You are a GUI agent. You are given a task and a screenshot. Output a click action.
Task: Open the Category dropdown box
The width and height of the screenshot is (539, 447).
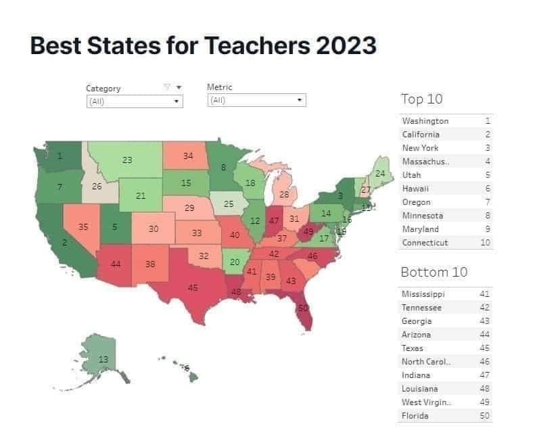pos(135,101)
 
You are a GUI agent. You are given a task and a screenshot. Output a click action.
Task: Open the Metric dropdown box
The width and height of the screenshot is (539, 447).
pos(256,101)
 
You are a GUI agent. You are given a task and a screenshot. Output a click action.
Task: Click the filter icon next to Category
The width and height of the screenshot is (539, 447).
pos(167,87)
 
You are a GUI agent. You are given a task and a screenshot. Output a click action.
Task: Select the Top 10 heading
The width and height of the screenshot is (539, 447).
pos(422,99)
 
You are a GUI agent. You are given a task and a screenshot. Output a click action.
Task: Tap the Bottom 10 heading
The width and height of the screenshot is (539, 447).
pos(434,272)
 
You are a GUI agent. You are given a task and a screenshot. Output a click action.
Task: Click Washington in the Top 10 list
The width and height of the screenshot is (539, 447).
pos(425,121)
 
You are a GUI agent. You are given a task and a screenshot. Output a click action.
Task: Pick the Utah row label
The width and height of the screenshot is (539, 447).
pos(411,175)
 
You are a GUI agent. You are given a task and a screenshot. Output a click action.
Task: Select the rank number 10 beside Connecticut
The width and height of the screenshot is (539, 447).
pos(485,243)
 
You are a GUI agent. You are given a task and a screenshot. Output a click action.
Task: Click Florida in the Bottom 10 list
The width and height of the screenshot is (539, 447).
pos(415,416)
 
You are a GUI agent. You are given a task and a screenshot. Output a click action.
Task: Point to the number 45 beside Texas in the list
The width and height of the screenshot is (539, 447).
pos(484,348)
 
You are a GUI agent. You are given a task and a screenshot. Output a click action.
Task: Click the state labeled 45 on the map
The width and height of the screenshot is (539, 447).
pos(193,287)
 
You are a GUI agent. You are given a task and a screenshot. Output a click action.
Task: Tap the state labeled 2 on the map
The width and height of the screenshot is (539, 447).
pos(65,242)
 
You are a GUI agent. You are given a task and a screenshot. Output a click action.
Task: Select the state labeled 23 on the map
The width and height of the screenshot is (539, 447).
pos(127,160)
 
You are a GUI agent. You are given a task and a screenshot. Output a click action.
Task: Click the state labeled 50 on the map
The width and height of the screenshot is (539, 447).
pos(303,308)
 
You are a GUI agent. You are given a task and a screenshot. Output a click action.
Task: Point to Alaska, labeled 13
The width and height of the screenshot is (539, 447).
pos(103,359)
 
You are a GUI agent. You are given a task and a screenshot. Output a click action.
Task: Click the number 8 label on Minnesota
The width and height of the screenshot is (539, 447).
pos(223,167)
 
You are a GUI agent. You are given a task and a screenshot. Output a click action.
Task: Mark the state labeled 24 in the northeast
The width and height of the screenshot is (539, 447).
pos(380,174)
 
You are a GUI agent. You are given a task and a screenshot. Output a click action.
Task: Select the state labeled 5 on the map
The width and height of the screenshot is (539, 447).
pos(115,227)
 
